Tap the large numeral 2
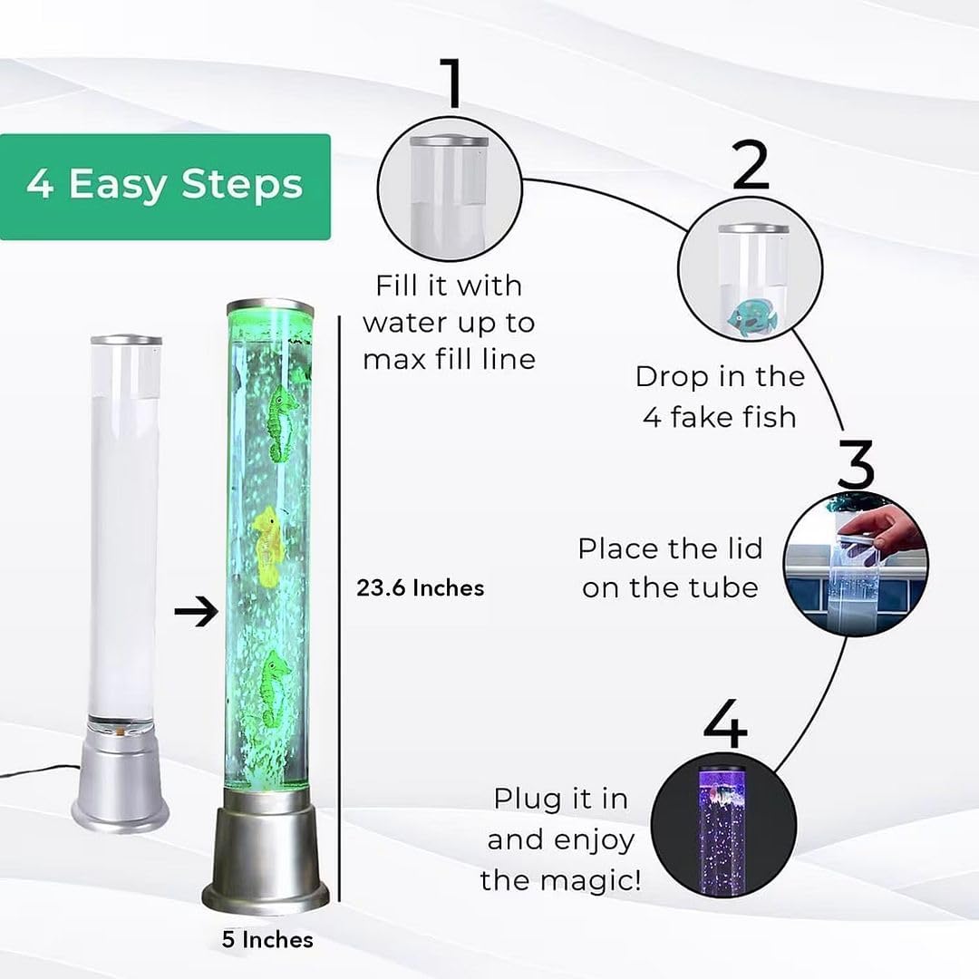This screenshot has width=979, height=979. pyautogui.click(x=751, y=165)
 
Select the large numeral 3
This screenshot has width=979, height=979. pyautogui.click(x=856, y=464)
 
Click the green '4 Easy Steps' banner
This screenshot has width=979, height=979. pyautogui.click(x=165, y=186)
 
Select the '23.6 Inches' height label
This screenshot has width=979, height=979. pyautogui.click(x=421, y=588)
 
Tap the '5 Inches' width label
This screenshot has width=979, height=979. pyautogui.click(x=267, y=939)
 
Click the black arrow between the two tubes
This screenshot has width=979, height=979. pyautogui.click(x=197, y=612)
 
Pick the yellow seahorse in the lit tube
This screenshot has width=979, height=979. pyautogui.click(x=268, y=543)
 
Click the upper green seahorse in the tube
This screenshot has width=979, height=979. pyautogui.click(x=284, y=422)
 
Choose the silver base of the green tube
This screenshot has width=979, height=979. pyautogui.click(x=267, y=857)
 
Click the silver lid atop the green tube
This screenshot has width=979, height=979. pyautogui.click(x=270, y=307)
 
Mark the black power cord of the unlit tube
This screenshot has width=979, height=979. pyautogui.click(x=36, y=771)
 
